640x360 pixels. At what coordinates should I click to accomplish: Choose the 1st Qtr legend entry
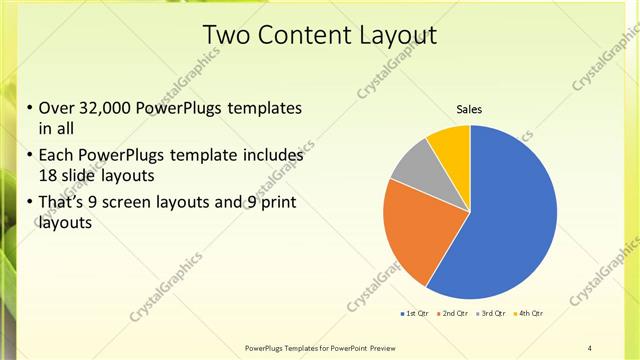tap(417, 314)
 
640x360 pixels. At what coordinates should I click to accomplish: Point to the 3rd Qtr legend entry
tap(493, 314)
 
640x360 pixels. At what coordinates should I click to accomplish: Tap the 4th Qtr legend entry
tap(529, 314)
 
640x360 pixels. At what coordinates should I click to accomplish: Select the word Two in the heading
tap(228, 35)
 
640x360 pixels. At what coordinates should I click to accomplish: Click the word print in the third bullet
tap(277, 203)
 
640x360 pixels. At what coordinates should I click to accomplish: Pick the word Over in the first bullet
tap(56, 108)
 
